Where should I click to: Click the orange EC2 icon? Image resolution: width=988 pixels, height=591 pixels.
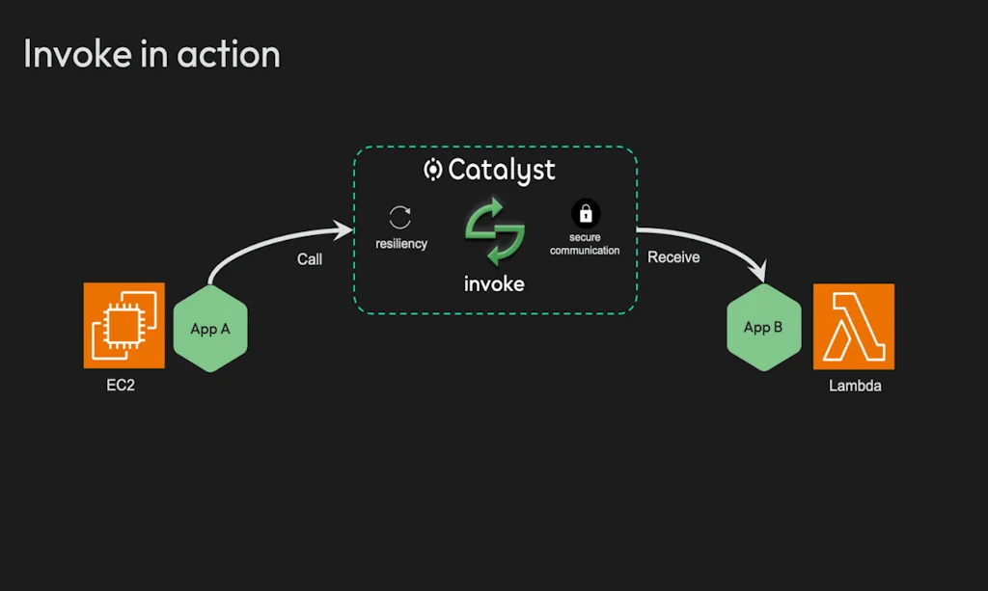click(x=124, y=326)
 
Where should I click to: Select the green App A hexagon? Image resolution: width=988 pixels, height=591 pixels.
click(x=210, y=329)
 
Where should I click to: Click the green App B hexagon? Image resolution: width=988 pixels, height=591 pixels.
click(x=763, y=328)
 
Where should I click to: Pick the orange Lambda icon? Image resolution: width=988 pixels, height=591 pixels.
click(x=854, y=326)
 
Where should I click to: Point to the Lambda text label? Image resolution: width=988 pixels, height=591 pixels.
click(x=855, y=387)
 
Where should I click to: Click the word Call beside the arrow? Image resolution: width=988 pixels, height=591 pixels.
click(x=310, y=259)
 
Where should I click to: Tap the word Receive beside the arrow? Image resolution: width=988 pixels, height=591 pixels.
click(x=673, y=257)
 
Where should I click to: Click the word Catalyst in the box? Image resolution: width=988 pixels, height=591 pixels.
click(x=502, y=171)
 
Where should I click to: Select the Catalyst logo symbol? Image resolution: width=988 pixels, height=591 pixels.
click(x=433, y=171)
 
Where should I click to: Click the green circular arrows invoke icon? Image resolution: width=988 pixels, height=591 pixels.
click(x=494, y=231)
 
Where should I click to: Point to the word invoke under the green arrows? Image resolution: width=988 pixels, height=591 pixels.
click(x=494, y=283)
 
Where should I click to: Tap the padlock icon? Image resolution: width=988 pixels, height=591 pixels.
click(x=585, y=212)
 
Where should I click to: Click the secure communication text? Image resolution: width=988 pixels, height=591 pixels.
click(x=585, y=244)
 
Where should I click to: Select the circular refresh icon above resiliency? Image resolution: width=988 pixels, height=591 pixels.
click(x=400, y=217)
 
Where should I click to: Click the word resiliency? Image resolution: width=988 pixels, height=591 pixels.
click(x=401, y=244)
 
